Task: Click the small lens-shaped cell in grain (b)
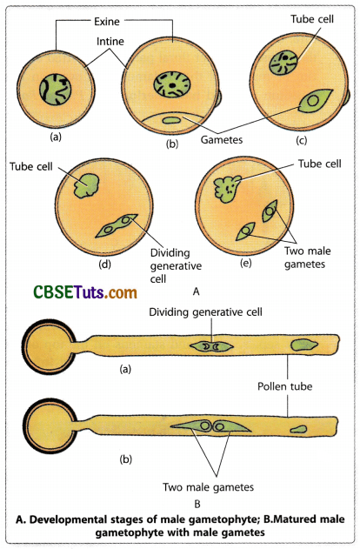172,119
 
